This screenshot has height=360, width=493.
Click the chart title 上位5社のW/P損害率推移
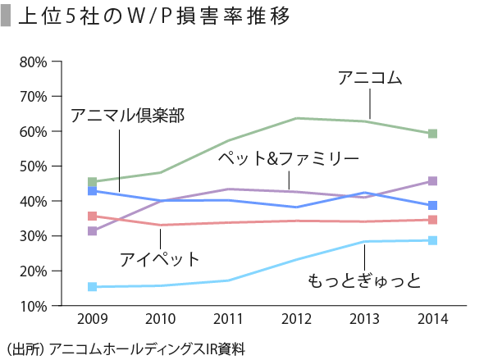coord(153,17)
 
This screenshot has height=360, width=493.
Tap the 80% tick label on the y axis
coord(33,62)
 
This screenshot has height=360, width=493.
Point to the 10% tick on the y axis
coord(33,306)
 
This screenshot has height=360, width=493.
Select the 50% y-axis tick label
coord(33,166)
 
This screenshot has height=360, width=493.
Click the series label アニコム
coord(370,79)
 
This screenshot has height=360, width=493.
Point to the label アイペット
coord(159,260)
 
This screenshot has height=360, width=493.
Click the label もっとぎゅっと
coord(364,281)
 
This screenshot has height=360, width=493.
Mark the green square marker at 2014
coord(432,134)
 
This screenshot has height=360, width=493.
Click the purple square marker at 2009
coord(92,231)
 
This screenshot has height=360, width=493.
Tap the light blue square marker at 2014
coord(432,240)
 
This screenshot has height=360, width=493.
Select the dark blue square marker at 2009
coord(92,191)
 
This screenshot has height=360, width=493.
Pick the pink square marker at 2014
coord(432,220)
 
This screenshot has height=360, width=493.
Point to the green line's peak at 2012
coord(296,118)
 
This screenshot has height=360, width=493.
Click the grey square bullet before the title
coord(7,17)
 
